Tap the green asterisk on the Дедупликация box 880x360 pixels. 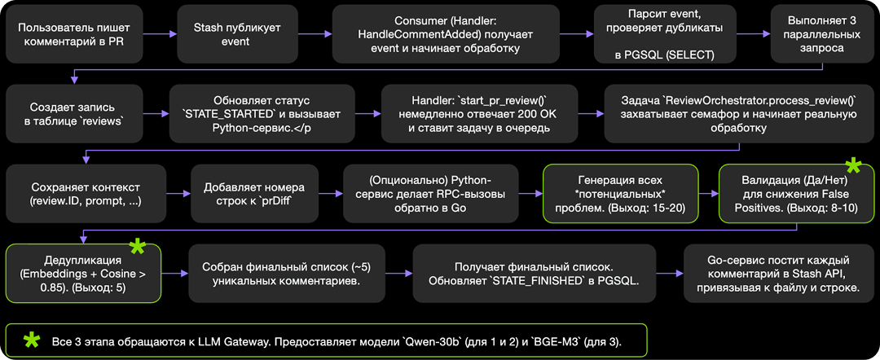137,246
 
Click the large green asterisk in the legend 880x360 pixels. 32,339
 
